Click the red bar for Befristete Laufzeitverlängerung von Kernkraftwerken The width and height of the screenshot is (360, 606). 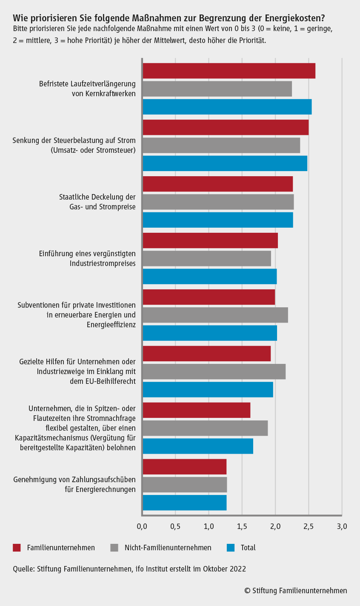(x=229, y=71)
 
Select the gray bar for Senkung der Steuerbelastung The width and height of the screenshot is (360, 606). (x=221, y=146)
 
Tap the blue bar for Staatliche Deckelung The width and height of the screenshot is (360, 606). (x=218, y=220)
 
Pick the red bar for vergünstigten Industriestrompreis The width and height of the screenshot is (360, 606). (x=210, y=240)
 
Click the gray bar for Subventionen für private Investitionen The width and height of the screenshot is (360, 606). (x=215, y=315)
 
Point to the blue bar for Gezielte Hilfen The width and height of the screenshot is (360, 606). (x=208, y=389)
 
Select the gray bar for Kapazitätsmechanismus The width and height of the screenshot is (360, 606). (x=205, y=428)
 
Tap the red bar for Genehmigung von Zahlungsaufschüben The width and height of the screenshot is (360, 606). (x=185, y=467)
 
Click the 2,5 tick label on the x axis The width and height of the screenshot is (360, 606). (x=309, y=527)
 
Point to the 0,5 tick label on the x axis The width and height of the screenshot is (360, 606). (x=175, y=527)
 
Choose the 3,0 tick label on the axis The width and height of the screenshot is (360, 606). (x=342, y=527)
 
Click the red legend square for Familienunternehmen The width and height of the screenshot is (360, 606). (x=17, y=548)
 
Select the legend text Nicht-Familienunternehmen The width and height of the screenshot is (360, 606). (x=168, y=548)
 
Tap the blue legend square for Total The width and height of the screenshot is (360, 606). (x=231, y=548)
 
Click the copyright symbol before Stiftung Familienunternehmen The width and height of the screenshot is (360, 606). (x=247, y=591)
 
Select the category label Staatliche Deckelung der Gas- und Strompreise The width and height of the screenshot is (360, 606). (x=97, y=202)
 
